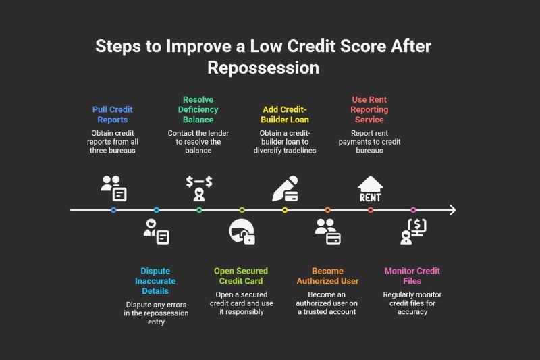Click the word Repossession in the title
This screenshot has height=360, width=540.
tap(263, 68)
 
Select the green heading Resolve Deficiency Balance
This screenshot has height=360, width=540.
tap(198, 109)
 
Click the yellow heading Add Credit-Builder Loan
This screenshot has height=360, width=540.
tap(284, 113)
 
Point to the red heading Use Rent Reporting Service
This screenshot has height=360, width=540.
tap(370, 109)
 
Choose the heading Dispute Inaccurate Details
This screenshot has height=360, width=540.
tap(156, 281)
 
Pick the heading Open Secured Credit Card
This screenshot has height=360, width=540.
tap(242, 276)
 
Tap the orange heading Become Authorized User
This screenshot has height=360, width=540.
tap(327, 276)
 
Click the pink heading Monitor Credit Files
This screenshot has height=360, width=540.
tap(412, 276)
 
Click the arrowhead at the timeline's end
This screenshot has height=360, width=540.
tap(452, 210)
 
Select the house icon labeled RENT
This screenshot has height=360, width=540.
tap(370, 188)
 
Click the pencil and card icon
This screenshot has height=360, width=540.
tap(285, 188)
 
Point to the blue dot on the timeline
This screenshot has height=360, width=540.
tap(113, 210)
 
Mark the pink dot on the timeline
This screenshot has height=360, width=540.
tap(413, 210)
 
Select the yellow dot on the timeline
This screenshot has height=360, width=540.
tap(285, 210)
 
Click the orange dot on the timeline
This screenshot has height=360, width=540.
tap(327, 210)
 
